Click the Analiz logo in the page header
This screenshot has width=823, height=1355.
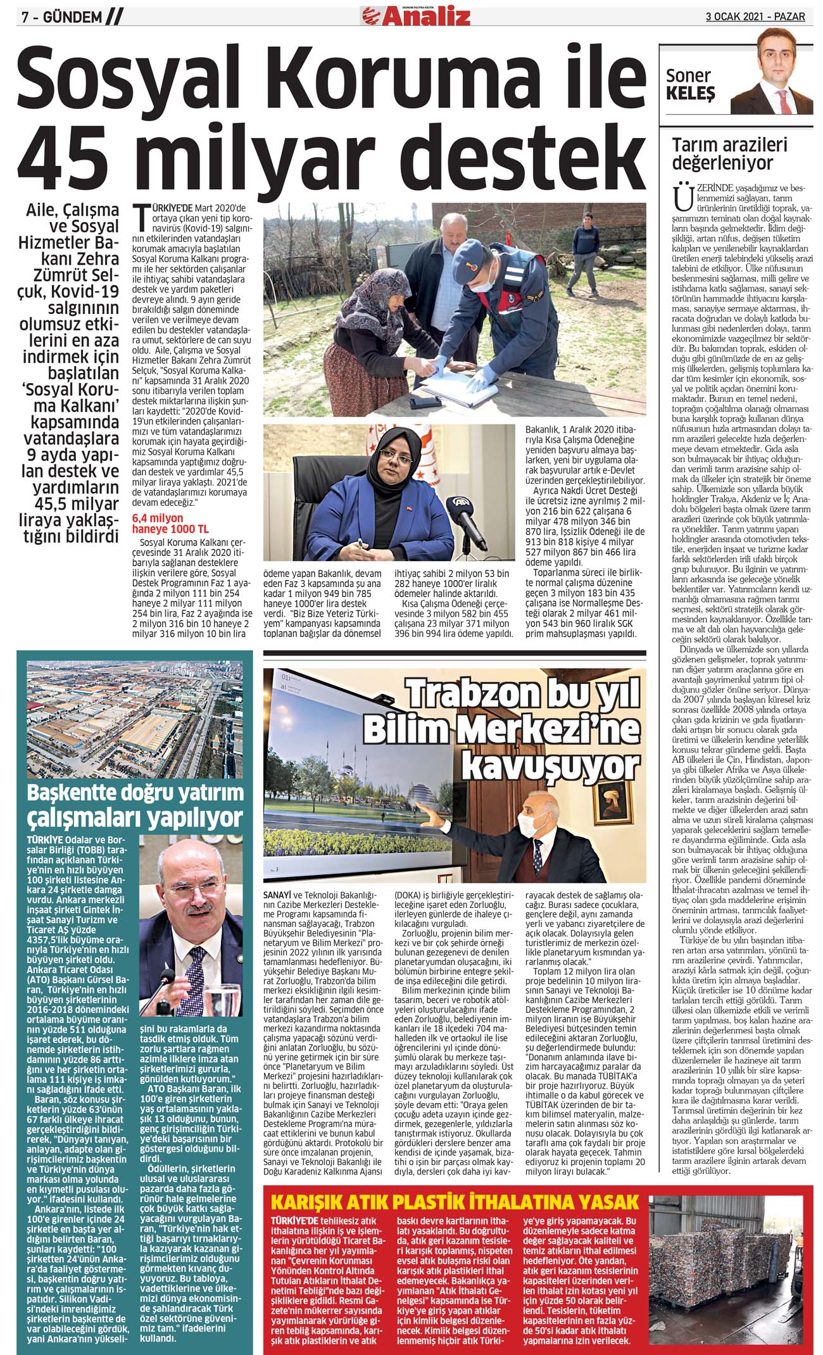pos(415,14)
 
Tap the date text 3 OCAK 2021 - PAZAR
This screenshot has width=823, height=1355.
pos(755,16)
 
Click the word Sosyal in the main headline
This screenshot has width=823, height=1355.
pos(130,76)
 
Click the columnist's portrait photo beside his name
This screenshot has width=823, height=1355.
pos(769,79)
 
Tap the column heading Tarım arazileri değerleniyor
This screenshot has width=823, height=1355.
pos(722,154)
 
